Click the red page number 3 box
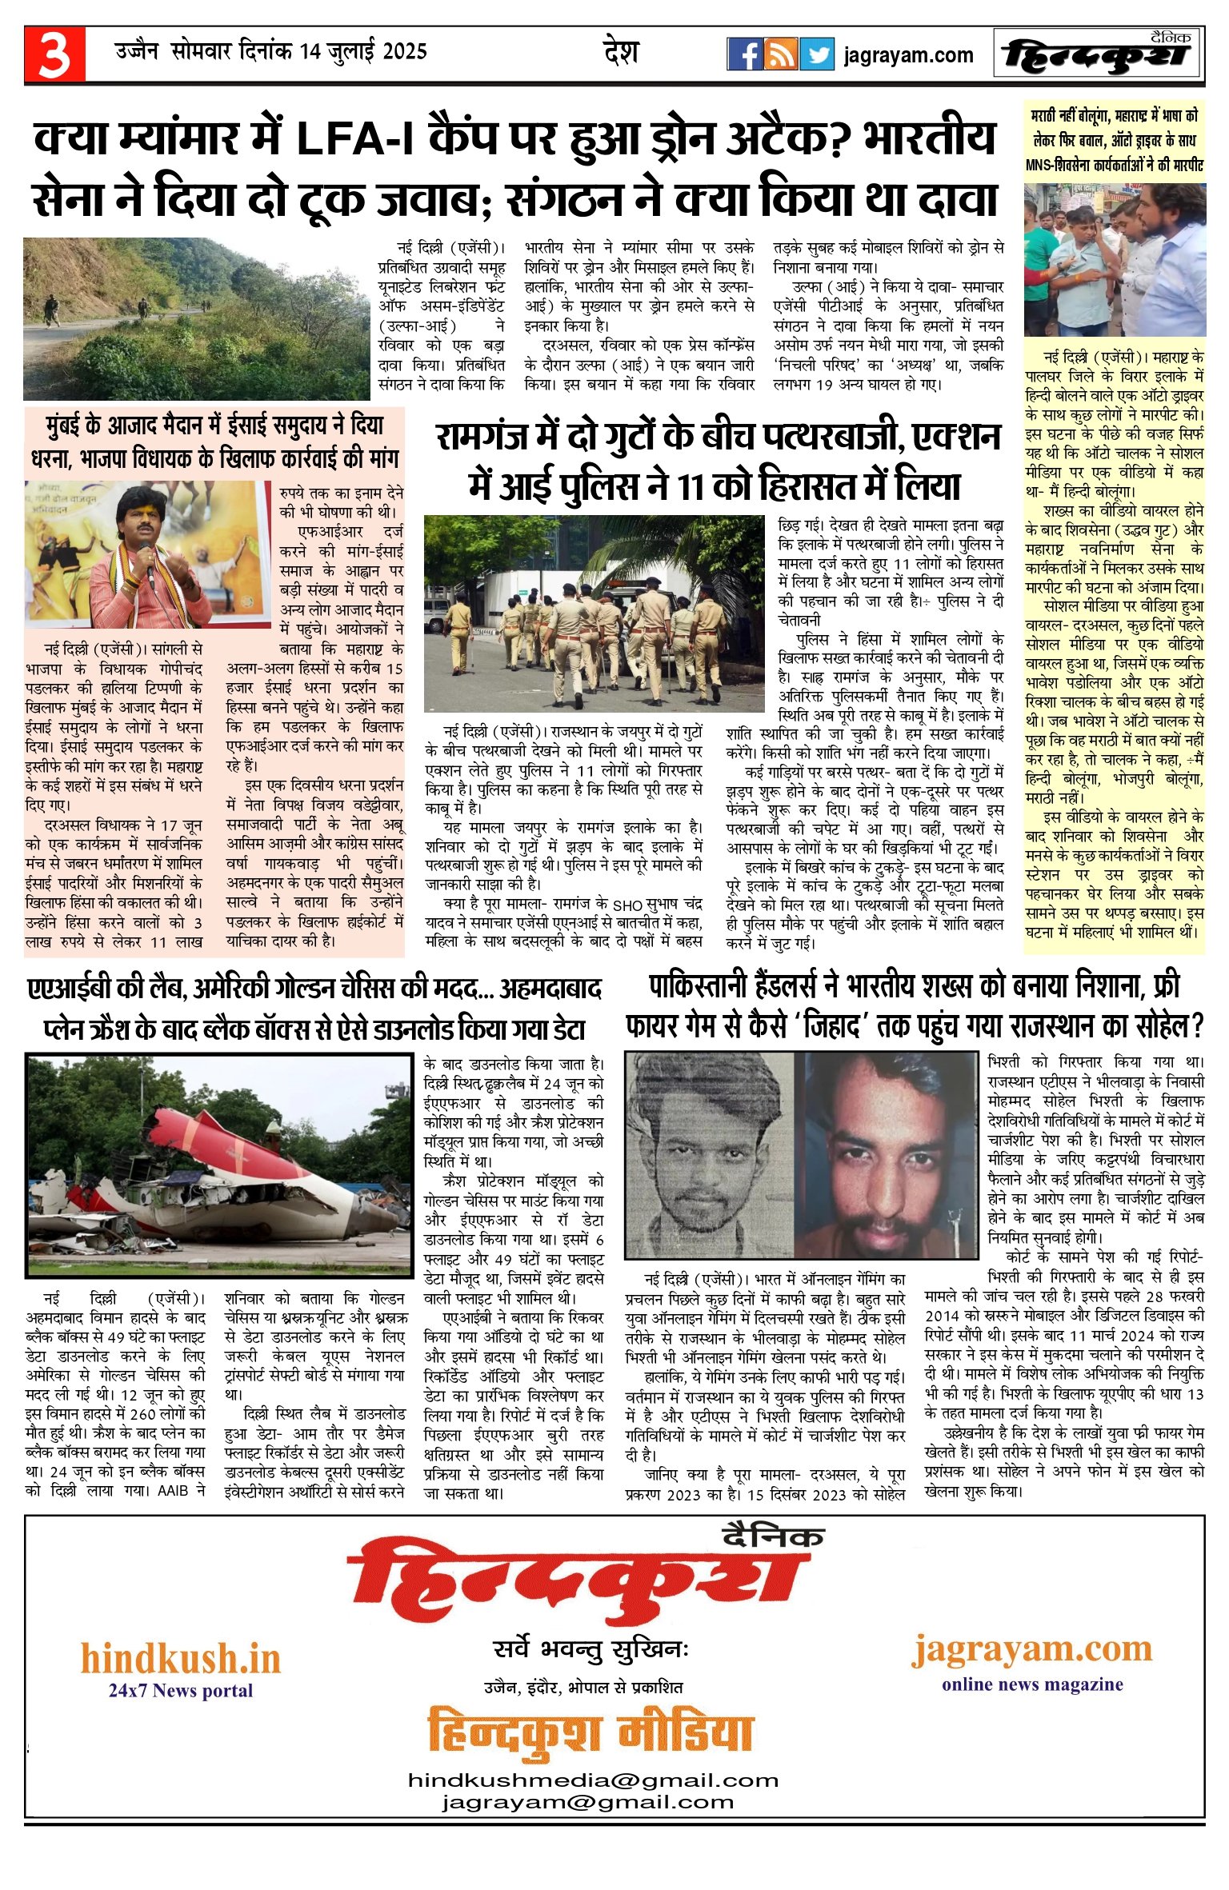(54, 54)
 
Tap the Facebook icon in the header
(743, 54)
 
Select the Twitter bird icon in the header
(817, 54)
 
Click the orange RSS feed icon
(780, 54)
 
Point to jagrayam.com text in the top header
(908, 55)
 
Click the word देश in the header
(621, 53)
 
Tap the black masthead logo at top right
(1098, 54)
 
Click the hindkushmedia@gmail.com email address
(593, 1780)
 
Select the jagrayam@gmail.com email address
(588, 1802)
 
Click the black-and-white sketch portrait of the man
(709, 1155)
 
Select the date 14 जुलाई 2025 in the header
(363, 52)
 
